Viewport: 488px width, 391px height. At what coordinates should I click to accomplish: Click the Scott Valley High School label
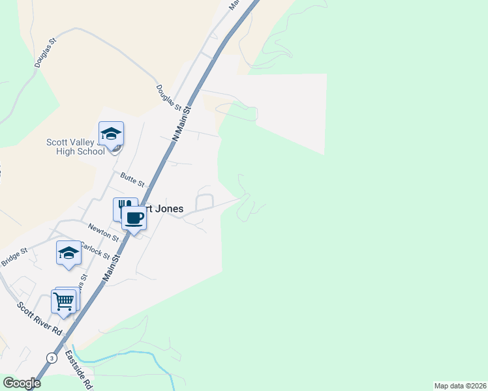(x=75, y=147)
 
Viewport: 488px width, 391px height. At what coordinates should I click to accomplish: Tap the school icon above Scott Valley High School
(x=111, y=134)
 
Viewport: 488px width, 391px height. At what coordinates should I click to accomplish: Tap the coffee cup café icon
(x=134, y=218)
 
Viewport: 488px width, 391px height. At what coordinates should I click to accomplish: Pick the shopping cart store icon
(x=63, y=301)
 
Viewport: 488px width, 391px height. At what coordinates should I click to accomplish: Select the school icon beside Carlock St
(x=69, y=253)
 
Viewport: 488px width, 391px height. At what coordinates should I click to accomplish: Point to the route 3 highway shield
(x=51, y=358)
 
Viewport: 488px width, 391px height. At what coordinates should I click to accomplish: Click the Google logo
(x=21, y=383)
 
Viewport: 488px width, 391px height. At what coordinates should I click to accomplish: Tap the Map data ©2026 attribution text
(x=461, y=386)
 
